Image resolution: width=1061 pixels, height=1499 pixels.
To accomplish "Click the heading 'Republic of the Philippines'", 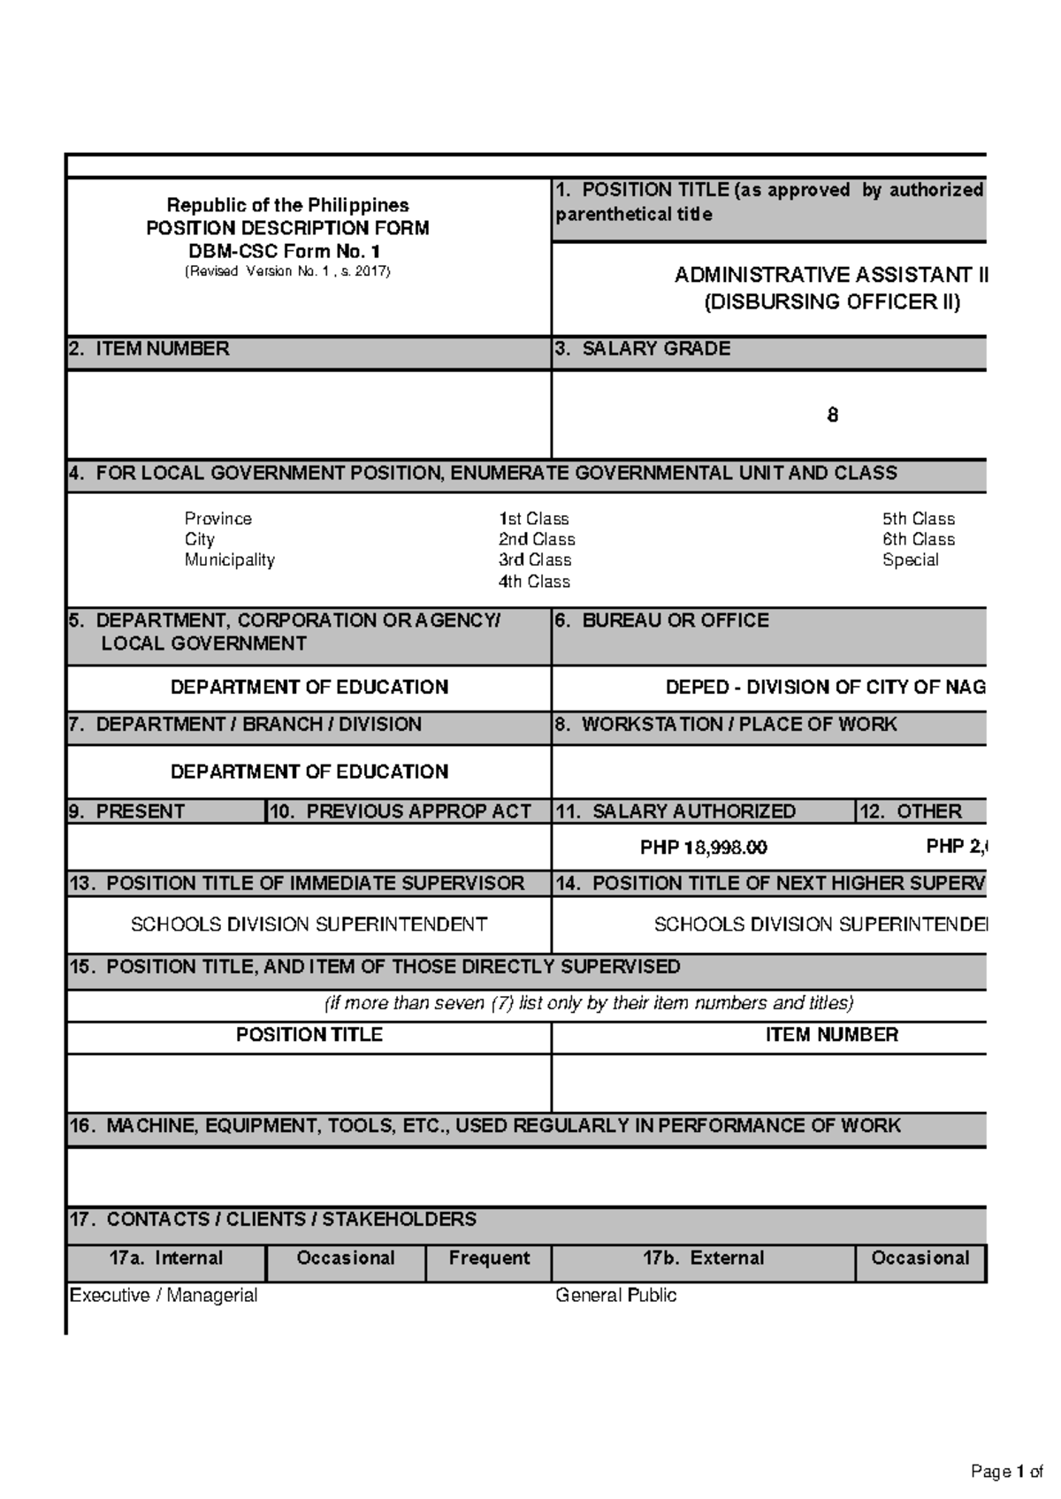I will (288, 205).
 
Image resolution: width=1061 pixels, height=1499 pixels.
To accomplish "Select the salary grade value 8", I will (832, 415).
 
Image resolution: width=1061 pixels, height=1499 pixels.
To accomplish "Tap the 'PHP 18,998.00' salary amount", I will (703, 848).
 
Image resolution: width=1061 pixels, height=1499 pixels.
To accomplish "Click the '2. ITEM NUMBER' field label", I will (149, 349).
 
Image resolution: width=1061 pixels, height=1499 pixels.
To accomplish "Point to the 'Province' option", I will (218, 519).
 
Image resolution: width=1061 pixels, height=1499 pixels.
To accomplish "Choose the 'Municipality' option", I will (229, 559).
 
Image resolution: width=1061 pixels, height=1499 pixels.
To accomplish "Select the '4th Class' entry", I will (534, 582).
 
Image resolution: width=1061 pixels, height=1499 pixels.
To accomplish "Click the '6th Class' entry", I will (918, 539).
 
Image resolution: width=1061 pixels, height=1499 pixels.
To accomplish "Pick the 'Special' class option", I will (910, 559).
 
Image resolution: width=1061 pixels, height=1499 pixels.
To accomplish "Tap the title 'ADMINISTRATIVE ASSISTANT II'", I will (830, 275).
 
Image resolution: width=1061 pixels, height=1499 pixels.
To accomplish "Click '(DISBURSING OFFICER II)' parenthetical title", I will (831, 302).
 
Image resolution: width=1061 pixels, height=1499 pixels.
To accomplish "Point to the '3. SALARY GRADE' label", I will (643, 349).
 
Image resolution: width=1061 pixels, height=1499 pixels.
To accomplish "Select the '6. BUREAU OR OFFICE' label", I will (662, 620).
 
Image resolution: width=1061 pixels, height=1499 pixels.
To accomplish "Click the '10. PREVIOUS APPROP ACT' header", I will (401, 811).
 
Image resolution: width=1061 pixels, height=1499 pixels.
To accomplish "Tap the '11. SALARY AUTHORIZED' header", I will (676, 811).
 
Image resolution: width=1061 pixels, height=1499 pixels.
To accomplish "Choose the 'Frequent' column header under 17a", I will (489, 1259).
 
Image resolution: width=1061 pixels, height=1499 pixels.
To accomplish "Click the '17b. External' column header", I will (703, 1259).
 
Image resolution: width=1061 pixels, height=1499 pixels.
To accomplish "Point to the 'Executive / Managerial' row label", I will (164, 1296).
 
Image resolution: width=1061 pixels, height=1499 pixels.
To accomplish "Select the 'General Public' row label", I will (615, 1296).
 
